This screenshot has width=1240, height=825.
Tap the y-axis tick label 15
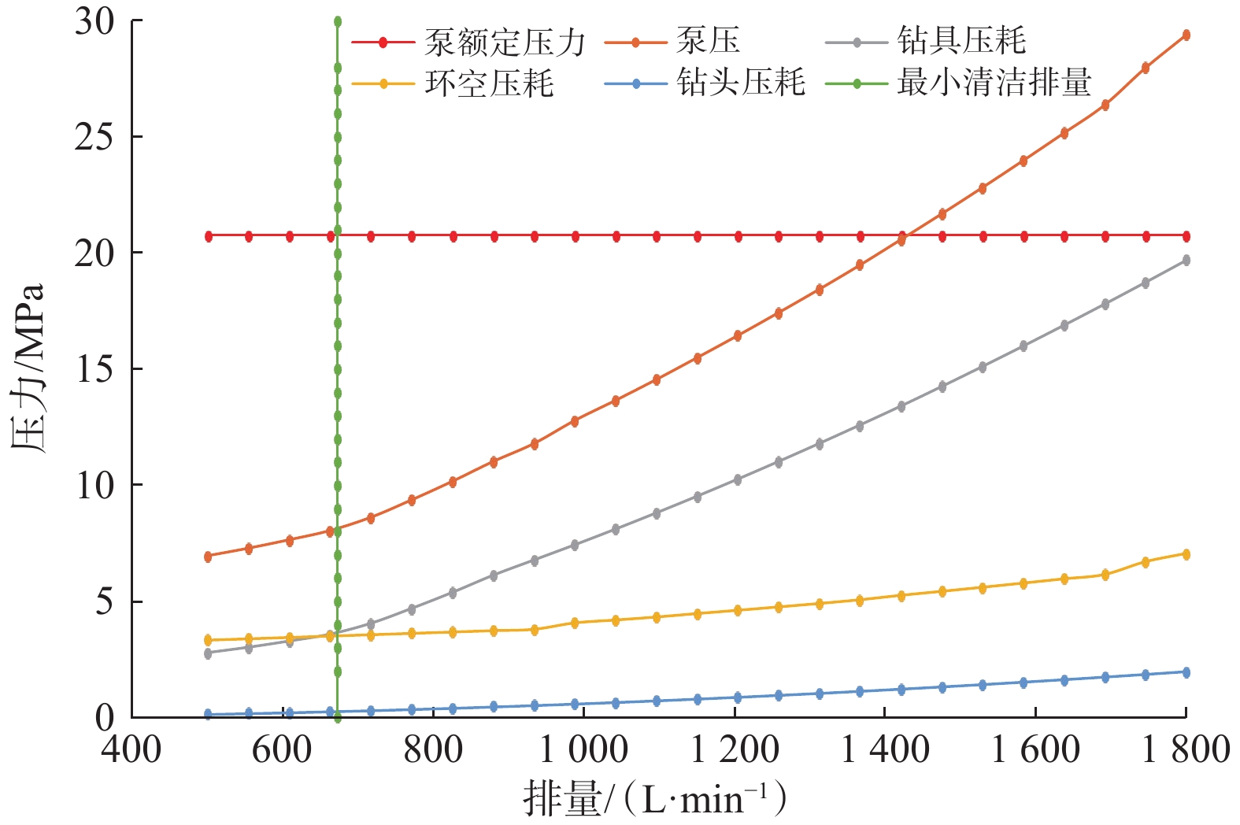[94, 369]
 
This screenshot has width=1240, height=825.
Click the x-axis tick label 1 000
[583, 750]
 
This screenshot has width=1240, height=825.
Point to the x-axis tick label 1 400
[885, 750]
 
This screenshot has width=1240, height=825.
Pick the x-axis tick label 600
[282, 750]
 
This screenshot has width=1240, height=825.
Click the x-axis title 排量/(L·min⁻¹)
[654, 800]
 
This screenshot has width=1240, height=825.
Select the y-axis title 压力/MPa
[29, 368]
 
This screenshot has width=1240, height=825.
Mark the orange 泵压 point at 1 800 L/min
[1186, 35]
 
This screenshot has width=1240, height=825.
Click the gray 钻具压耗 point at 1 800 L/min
[1186, 261]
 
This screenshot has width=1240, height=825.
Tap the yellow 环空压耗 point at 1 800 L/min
[1186, 554]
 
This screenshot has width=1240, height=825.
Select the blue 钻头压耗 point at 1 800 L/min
[1186, 672]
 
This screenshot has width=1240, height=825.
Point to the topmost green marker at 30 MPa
[338, 21]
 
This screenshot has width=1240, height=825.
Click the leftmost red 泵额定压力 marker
[209, 236]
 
